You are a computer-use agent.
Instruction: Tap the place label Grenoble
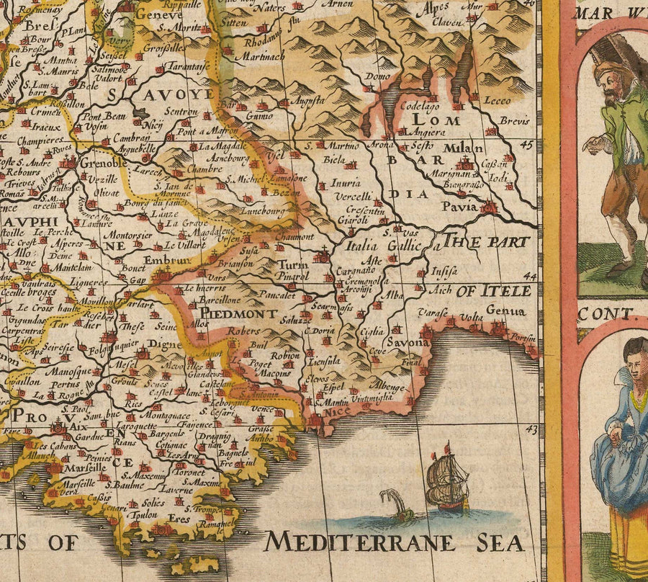[103, 163]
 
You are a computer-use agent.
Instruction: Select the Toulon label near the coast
[142, 515]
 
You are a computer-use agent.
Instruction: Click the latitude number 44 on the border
[531, 277]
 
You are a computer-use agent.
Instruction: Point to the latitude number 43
[531, 430]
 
